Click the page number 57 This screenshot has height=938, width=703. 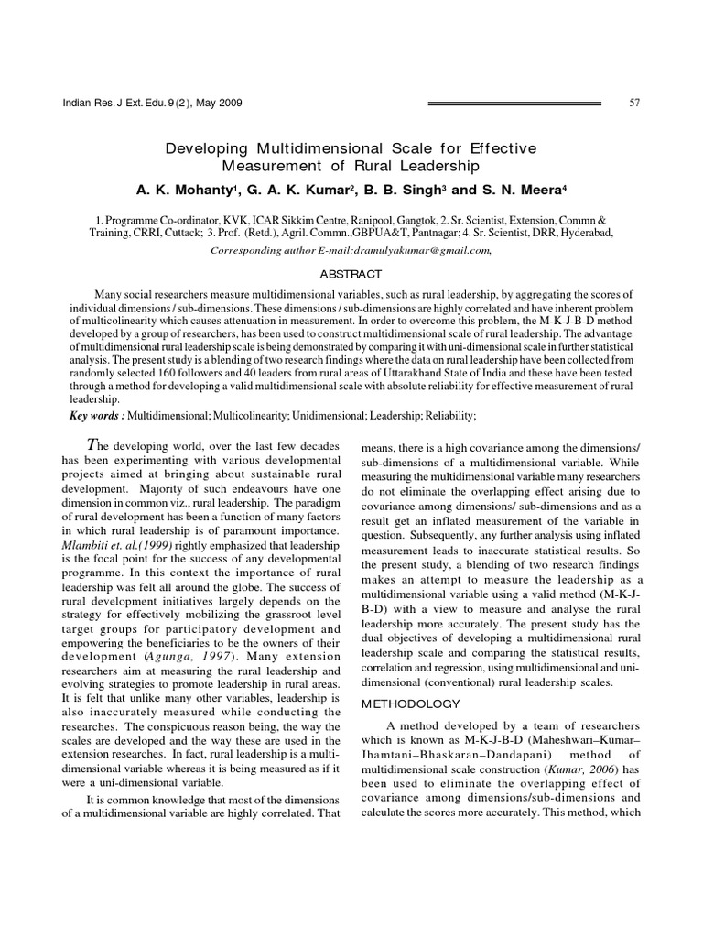(634, 102)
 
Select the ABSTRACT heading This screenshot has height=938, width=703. (351, 274)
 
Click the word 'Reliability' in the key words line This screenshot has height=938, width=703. (445, 416)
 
